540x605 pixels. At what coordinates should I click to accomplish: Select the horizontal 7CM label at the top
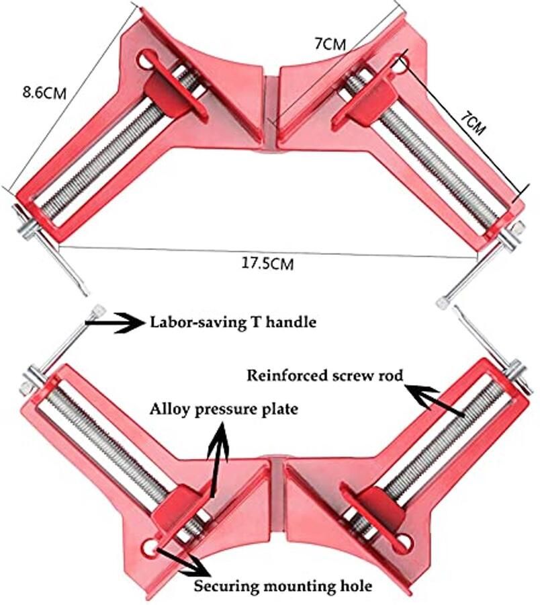pos(330,44)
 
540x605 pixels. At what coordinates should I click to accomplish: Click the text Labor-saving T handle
pos(232,322)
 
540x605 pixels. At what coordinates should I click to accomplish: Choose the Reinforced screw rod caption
pos(325,375)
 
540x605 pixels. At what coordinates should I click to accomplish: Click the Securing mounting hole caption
pos(283,586)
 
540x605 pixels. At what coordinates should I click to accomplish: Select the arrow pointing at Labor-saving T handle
pos(121,323)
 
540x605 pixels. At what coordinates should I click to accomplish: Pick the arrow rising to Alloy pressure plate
pos(218,457)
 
